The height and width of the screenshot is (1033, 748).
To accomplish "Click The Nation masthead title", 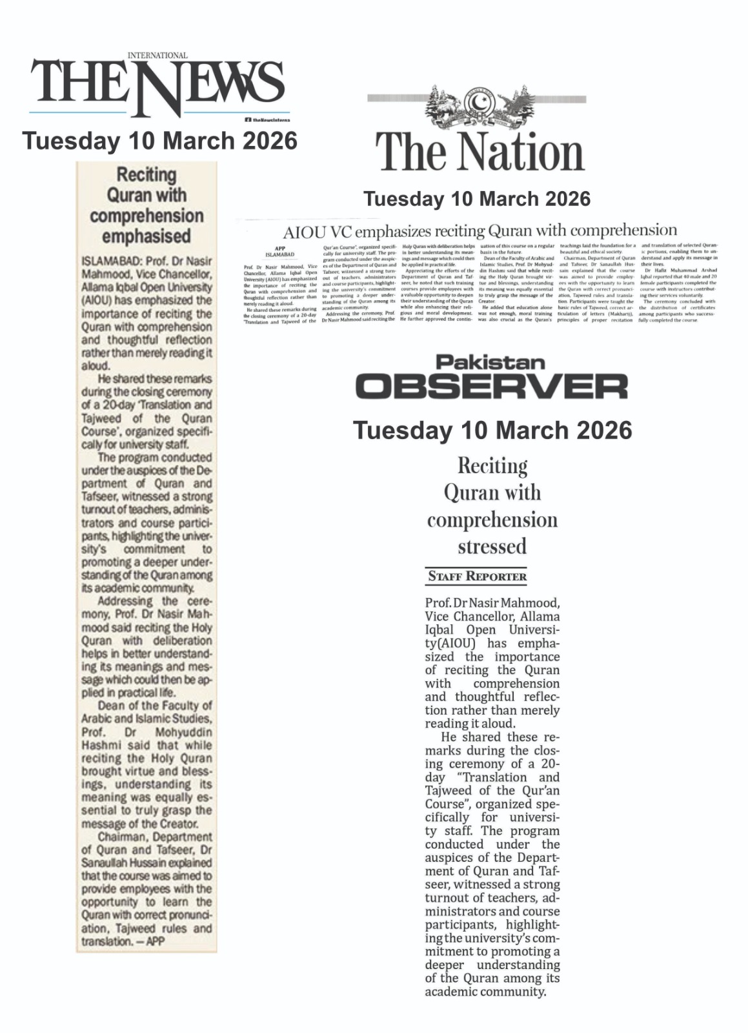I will coord(480,153).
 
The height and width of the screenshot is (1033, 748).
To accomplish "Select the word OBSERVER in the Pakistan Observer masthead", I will coord(491,386).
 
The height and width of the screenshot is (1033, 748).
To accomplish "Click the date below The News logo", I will coord(160,141).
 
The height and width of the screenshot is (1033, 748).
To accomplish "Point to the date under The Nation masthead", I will coord(477,199).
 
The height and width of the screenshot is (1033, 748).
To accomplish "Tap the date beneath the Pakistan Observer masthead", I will coord(493,430).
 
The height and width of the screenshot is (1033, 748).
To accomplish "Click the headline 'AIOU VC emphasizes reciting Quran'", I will coord(480,230).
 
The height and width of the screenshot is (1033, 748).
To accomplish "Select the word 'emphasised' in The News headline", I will coord(146,237).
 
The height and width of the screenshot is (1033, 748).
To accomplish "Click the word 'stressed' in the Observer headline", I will coord(492,547).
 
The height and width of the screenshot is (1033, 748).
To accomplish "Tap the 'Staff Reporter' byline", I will coord(478,577).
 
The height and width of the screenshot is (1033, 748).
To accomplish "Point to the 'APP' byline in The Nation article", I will coord(279,248).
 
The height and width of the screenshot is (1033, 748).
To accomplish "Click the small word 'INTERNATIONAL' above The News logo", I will coord(157,56).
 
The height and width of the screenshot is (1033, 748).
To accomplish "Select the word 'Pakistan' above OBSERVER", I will coord(490,362).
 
